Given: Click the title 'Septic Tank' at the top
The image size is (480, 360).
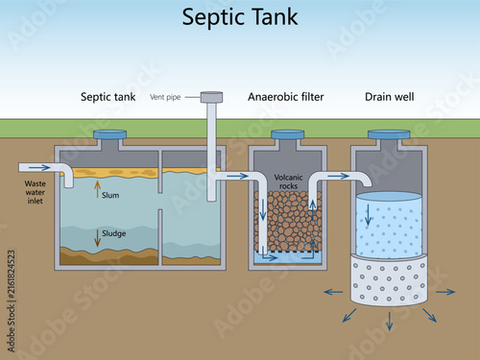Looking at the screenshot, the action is (240, 17).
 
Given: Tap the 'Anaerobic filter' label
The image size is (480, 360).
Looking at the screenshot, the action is (286, 97).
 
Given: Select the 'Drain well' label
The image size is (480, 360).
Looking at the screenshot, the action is (390, 97).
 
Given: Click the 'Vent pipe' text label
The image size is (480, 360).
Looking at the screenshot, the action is (165, 97).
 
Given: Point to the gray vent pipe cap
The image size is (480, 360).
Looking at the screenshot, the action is (211, 97).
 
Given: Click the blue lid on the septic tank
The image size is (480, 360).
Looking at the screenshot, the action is (109, 134).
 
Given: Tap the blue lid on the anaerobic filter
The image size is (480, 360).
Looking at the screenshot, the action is (288, 134).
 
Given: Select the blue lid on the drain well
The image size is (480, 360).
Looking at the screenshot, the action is (389, 134).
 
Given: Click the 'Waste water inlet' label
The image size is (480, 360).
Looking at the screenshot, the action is (36, 192).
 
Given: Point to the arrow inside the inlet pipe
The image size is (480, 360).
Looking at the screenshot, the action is (41, 167).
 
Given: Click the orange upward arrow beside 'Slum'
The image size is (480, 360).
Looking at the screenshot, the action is (98, 189).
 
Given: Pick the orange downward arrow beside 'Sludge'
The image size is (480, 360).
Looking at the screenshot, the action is (98, 238).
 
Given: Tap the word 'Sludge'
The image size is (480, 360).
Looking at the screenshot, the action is (114, 233).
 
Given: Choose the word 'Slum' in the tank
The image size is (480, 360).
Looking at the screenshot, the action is (110, 195).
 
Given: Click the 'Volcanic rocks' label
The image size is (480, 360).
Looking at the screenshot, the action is (288, 181).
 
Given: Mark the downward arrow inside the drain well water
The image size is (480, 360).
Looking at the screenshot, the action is (368, 215).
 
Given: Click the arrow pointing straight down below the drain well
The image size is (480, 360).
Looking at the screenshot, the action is (390, 322).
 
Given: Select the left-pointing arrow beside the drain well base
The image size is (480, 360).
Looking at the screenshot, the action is (333, 292).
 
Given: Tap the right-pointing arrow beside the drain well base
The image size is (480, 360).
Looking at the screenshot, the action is (445, 292).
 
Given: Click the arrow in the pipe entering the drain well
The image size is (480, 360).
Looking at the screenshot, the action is (338, 176).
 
